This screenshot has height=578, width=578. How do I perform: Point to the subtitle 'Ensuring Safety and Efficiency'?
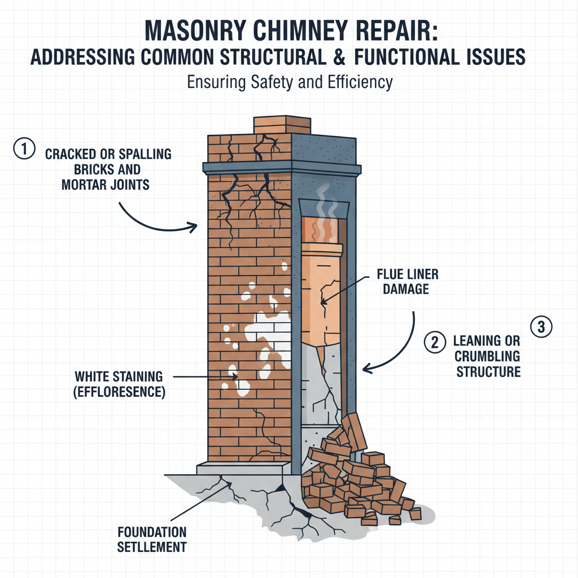point(288,82)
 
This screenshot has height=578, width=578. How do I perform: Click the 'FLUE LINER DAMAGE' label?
point(408,282)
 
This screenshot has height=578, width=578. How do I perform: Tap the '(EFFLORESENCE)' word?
point(120,392)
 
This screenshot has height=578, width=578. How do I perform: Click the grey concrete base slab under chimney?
point(243,468)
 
